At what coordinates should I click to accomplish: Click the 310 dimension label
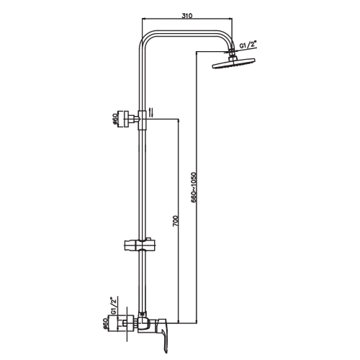(x=187, y=16)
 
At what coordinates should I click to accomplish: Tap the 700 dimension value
(x=176, y=221)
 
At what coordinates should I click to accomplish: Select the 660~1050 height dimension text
(x=194, y=187)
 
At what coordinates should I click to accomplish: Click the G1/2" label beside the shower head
(x=248, y=45)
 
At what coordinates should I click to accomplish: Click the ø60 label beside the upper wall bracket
(x=115, y=119)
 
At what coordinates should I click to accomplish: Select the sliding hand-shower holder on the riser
(x=140, y=246)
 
